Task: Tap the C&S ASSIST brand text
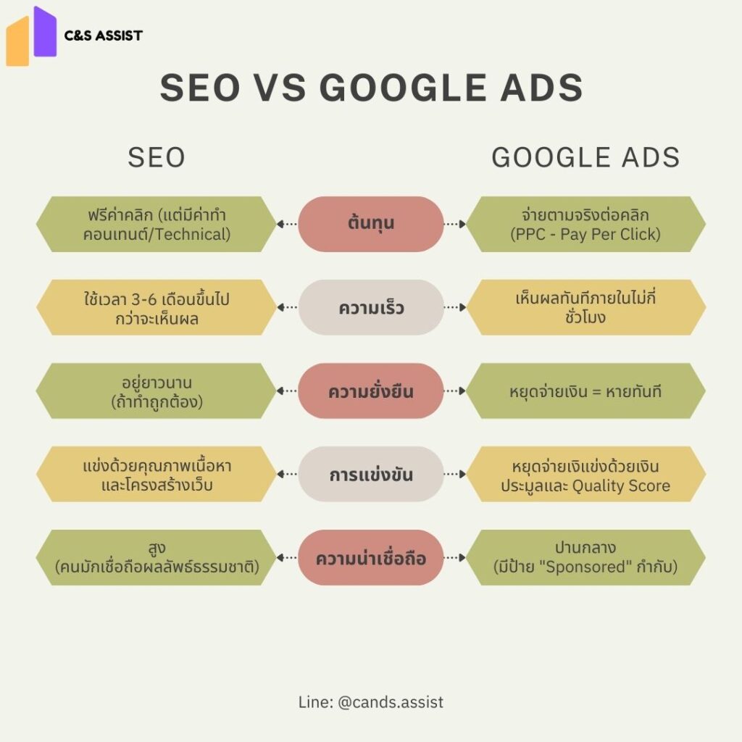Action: coord(104,35)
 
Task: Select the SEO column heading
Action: coord(157,157)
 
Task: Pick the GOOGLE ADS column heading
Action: coord(585,157)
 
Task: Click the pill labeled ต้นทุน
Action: coord(370,223)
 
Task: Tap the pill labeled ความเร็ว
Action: coord(370,307)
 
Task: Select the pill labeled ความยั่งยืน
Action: coord(370,391)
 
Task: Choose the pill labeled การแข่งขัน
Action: coord(370,475)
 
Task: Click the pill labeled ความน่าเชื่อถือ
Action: coord(370,558)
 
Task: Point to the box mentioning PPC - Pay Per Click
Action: coord(585,224)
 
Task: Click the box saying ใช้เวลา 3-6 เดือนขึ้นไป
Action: coord(157,307)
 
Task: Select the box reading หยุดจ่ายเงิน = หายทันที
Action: coord(585,391)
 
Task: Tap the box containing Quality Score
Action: coord(585,475)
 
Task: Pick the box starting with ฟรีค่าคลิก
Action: coord(157,224)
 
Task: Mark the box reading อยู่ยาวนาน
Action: coord(157,391)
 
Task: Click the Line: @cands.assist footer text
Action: coord(370,701)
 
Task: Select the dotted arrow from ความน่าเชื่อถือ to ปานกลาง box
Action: coord(454,558)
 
